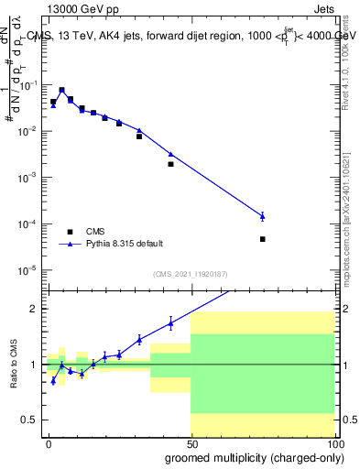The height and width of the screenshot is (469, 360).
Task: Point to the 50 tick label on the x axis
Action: [191, 443]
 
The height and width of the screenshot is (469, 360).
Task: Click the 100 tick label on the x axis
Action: [333, 443]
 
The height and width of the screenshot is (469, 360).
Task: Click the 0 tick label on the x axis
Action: [48, 443]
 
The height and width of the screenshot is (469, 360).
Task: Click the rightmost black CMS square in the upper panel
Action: [262, 239]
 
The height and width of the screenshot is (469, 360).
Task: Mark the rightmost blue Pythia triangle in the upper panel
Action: [262, 216]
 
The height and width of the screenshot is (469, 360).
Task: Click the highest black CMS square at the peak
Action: [61, 91]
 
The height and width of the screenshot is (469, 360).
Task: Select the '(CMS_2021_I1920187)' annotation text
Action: [190, 272]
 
